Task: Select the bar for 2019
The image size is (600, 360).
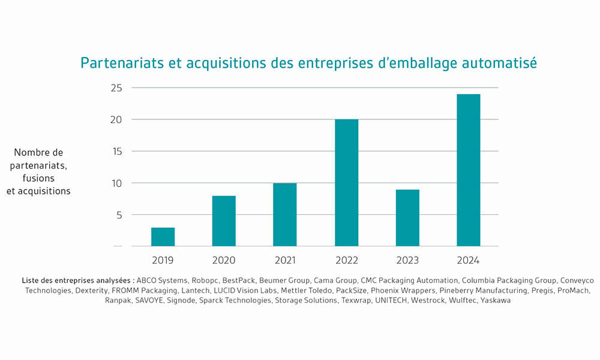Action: point(163,237)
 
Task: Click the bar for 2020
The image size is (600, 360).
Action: point(224,221)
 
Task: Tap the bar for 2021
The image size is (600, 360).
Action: point(284,215)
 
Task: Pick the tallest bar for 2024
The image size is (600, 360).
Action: point(468,170)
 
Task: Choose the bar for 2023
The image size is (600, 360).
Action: point(407,218)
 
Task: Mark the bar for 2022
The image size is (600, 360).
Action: point(346,183)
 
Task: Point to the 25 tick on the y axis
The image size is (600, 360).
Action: point(116,88)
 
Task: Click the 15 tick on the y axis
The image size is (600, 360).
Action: point(116,151)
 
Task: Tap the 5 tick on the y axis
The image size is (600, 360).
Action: point(118,215)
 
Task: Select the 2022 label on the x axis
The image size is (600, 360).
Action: point(346,260)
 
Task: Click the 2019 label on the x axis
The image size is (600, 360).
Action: point(163,260)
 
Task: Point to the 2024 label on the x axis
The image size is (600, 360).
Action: point(468,260)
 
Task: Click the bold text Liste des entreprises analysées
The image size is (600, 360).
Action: point(77,280)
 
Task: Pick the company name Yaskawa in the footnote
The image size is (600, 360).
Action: point(495,300)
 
